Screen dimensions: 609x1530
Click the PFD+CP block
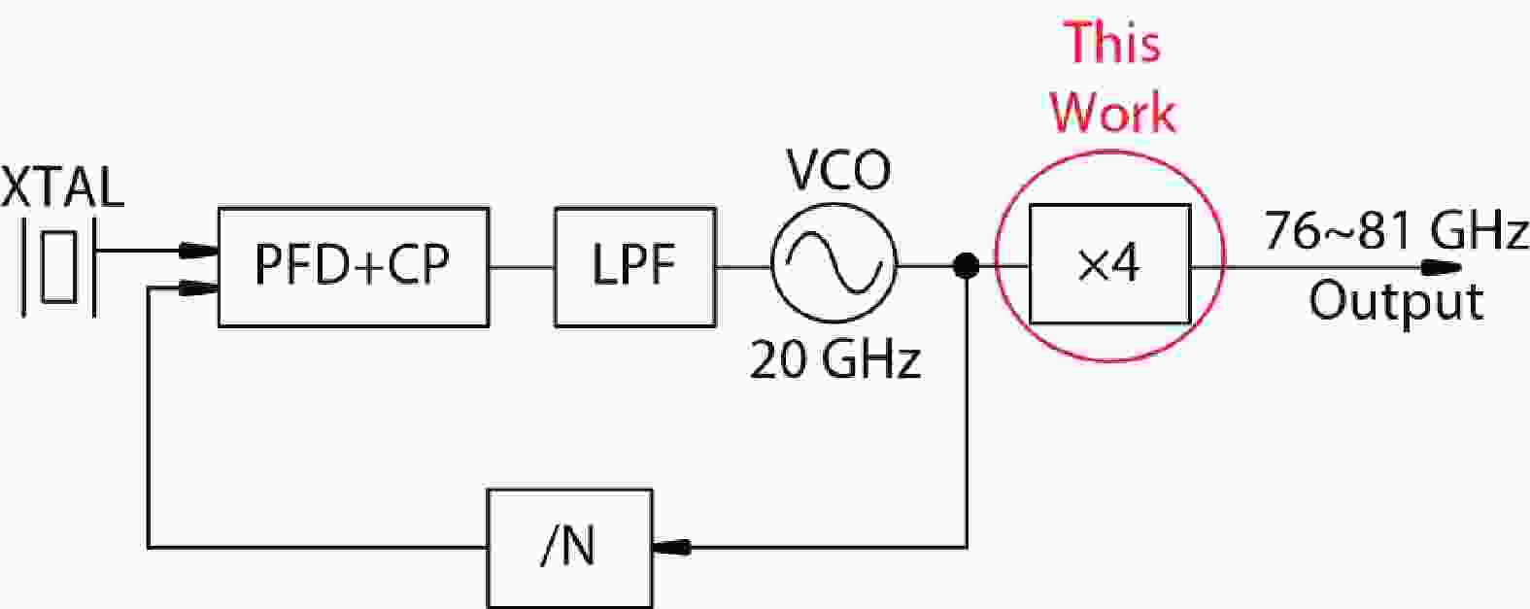tap(353, 266)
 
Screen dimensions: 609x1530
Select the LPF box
tap(634, 266)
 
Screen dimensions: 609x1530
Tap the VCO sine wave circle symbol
tap(833, 263)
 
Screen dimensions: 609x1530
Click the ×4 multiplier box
tap(1109, 264)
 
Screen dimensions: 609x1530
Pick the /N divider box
tap(568, 548)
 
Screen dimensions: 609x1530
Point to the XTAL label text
tap(62, 188)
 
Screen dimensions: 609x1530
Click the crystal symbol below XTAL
tap(59, 266)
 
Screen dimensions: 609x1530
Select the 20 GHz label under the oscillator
tap(834, 361)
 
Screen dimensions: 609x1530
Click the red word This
tap(1112, 44)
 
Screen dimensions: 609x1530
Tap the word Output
tap(1396, 301)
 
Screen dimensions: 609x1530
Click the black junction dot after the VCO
tap(966, 264)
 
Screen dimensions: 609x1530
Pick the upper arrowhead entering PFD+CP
tap(198, 251)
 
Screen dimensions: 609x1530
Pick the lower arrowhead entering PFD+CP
tap(198, 288)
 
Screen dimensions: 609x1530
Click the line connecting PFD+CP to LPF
tap(522, 266)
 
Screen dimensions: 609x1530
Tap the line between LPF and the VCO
tap(743, 266)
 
